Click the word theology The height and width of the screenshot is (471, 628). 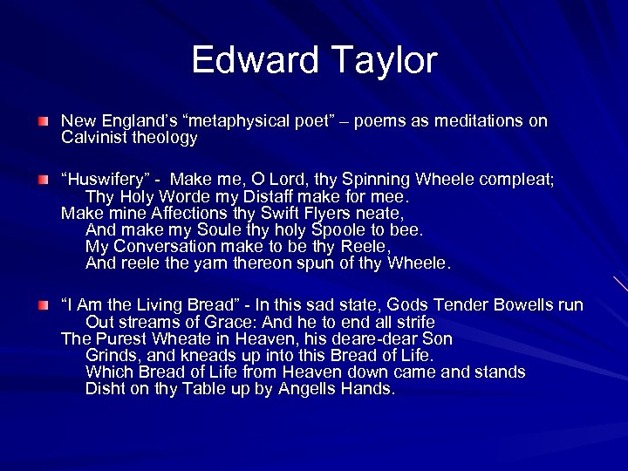pyautogui.click(x=167, y=138)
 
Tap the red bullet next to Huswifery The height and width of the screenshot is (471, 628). pyautogui.click(x=44, y=181)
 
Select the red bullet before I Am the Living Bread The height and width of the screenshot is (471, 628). pyautogui.click(x=44, y=305)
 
